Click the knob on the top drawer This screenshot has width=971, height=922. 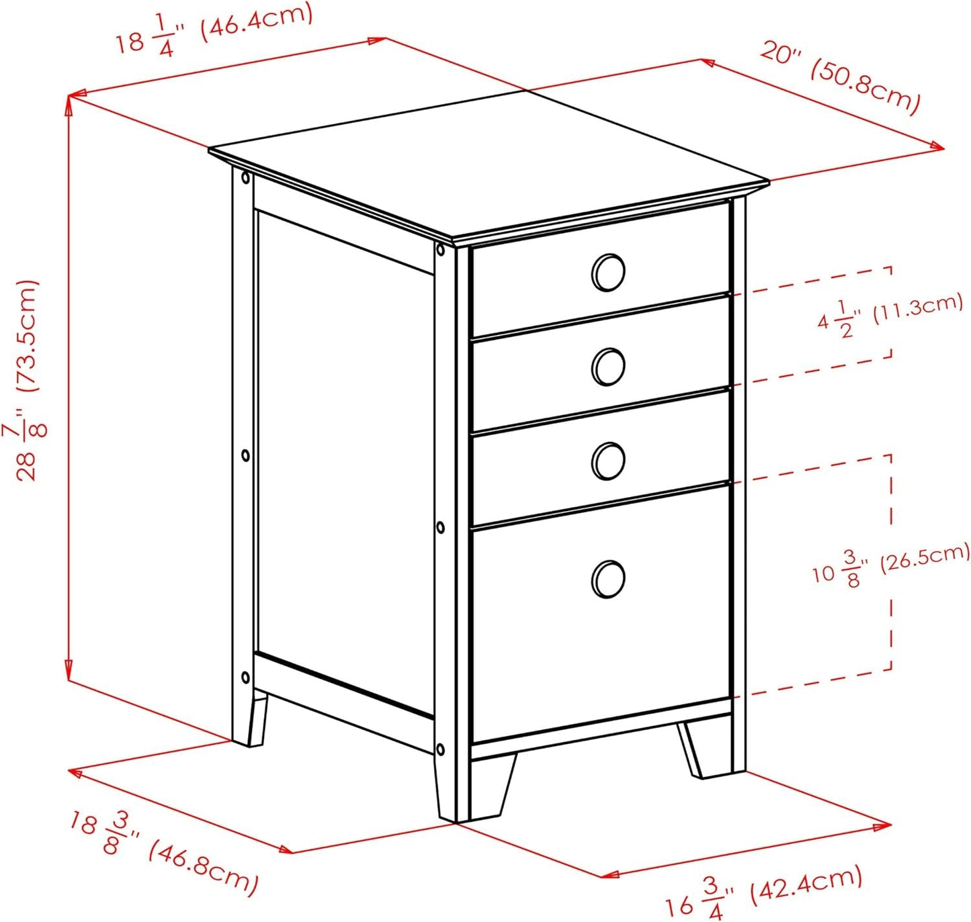(x=608, y=272)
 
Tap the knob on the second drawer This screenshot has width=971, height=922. (x=608, y=367)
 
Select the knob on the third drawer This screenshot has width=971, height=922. (x=608, y=461)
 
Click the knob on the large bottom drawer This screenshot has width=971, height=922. (x=608, y=579)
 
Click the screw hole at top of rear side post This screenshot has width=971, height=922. (x=245, y=179)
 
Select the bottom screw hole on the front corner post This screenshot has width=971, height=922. (x=440, y=749)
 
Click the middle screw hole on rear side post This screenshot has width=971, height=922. (x=245, y=456)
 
